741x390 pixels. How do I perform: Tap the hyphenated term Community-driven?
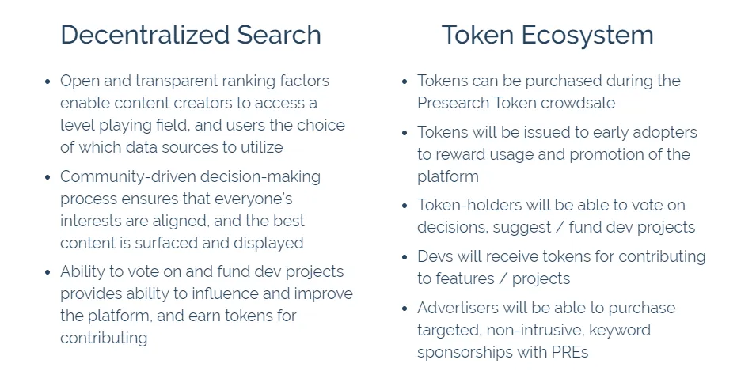click(128, 176)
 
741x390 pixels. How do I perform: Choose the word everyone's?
click(253, 199)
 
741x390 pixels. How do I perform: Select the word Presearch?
click(453, 103)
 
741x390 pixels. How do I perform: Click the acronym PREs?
click(570, 352)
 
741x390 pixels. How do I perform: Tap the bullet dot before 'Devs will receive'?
click(405, 257)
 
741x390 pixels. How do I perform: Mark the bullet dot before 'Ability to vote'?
click(47, 272)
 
